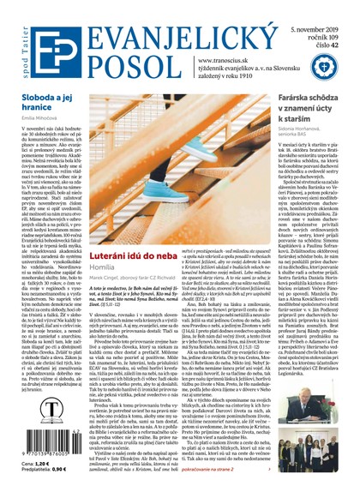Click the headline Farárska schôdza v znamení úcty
point(315,99)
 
